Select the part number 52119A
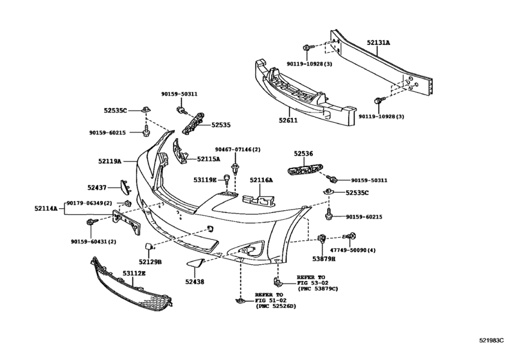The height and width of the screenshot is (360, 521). point(110,162)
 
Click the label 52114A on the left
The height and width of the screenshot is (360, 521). point(46,208)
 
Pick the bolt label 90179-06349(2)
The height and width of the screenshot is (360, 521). point(89,203)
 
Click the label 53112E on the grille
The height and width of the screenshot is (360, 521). point(134,273)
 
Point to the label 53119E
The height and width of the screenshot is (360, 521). point(206,180)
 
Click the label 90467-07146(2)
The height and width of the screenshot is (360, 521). point(238,149)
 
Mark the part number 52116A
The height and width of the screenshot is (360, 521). point(261,180)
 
